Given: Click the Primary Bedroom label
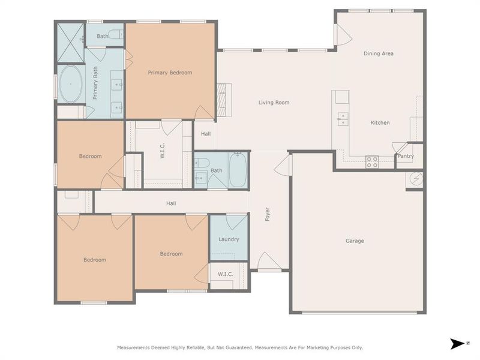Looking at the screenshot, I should [170, 73].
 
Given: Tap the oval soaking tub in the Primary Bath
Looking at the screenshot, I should [71, 85].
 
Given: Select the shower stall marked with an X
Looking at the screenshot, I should [70, 35].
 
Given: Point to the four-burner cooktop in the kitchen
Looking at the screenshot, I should [372, 160].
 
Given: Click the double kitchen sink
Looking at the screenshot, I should [343, 119].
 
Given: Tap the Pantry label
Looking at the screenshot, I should [406, 157].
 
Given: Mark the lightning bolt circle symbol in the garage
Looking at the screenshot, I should [416, 178].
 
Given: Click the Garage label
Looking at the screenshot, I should [354, 241].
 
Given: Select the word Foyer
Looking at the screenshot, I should [268, 215].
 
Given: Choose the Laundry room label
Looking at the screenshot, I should [229, 239].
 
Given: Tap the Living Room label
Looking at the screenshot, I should [274, 103].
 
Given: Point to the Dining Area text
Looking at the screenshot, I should [379, 53].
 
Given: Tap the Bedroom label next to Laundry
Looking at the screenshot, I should [171, 254].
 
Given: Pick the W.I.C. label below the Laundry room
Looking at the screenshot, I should [225, 274].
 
